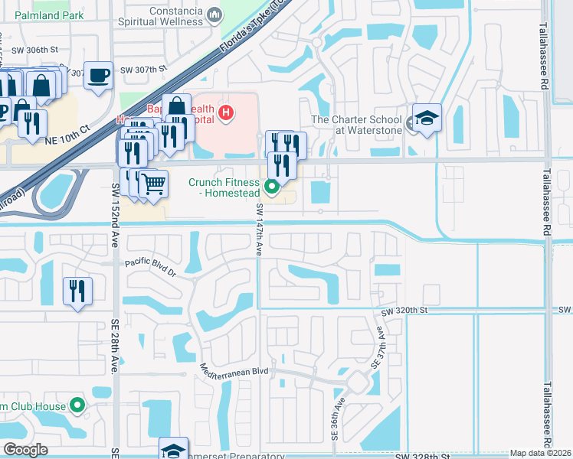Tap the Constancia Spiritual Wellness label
pyautogui.click(x=165, y=15)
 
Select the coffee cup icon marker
pyautogui.click(x=98, y=76)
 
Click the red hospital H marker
pyautogui.click(x=226, y=114)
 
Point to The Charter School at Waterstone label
pyautogui.click(x=356, y=125)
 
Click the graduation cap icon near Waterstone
pyautogui.click(x=427, y=119)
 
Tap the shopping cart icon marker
pyautogui.click(x=153, y=184)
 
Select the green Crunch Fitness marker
pyautogui.click(x=271, y=186)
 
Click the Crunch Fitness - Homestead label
pyautogui.click(x=225, y=188)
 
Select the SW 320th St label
pyautogui.click(x=403, y=311)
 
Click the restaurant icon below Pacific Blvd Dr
pyautogui.click(x=78, y=291)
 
